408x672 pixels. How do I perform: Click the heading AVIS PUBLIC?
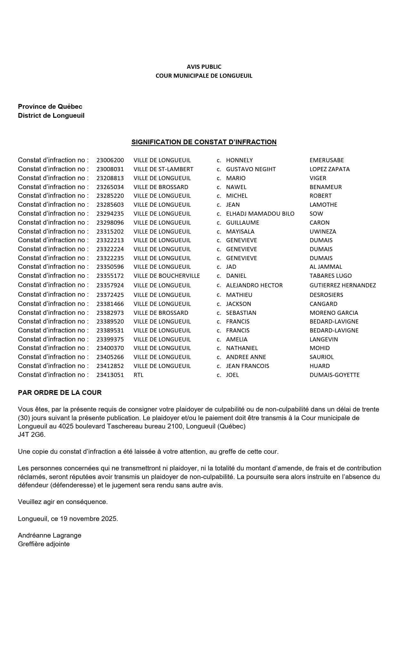pos(204,67)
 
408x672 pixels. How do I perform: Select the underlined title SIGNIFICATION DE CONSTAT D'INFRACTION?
pos(204,142)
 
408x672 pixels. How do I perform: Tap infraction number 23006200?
pos(110,160)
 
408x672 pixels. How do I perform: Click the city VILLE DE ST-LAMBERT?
pos(163,169)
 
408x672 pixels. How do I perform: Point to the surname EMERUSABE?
pos(326,160)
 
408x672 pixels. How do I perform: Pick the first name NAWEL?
pos(236,187)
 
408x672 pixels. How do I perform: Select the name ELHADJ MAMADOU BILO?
pos(260,214)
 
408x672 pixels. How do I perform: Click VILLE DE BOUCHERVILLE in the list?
pos(166,276)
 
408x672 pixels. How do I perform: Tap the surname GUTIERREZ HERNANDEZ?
pos(342,285)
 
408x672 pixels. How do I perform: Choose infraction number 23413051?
pos(110,375)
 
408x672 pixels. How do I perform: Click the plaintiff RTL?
pos(138,375)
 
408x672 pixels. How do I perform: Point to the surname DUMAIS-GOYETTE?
pos(334,375)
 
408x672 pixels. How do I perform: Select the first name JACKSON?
pos(238,304)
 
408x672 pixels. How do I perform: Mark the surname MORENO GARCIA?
pos(333,313)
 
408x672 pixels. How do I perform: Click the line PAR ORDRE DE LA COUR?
pos(60,393)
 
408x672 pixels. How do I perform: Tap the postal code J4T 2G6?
pos(32,435)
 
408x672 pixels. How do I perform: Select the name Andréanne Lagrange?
pos(50,535)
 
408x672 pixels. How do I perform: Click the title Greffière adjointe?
pos(44,544)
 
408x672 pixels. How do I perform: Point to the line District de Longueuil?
pos(51,116)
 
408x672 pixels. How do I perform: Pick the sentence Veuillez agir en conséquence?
pos(63,502)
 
